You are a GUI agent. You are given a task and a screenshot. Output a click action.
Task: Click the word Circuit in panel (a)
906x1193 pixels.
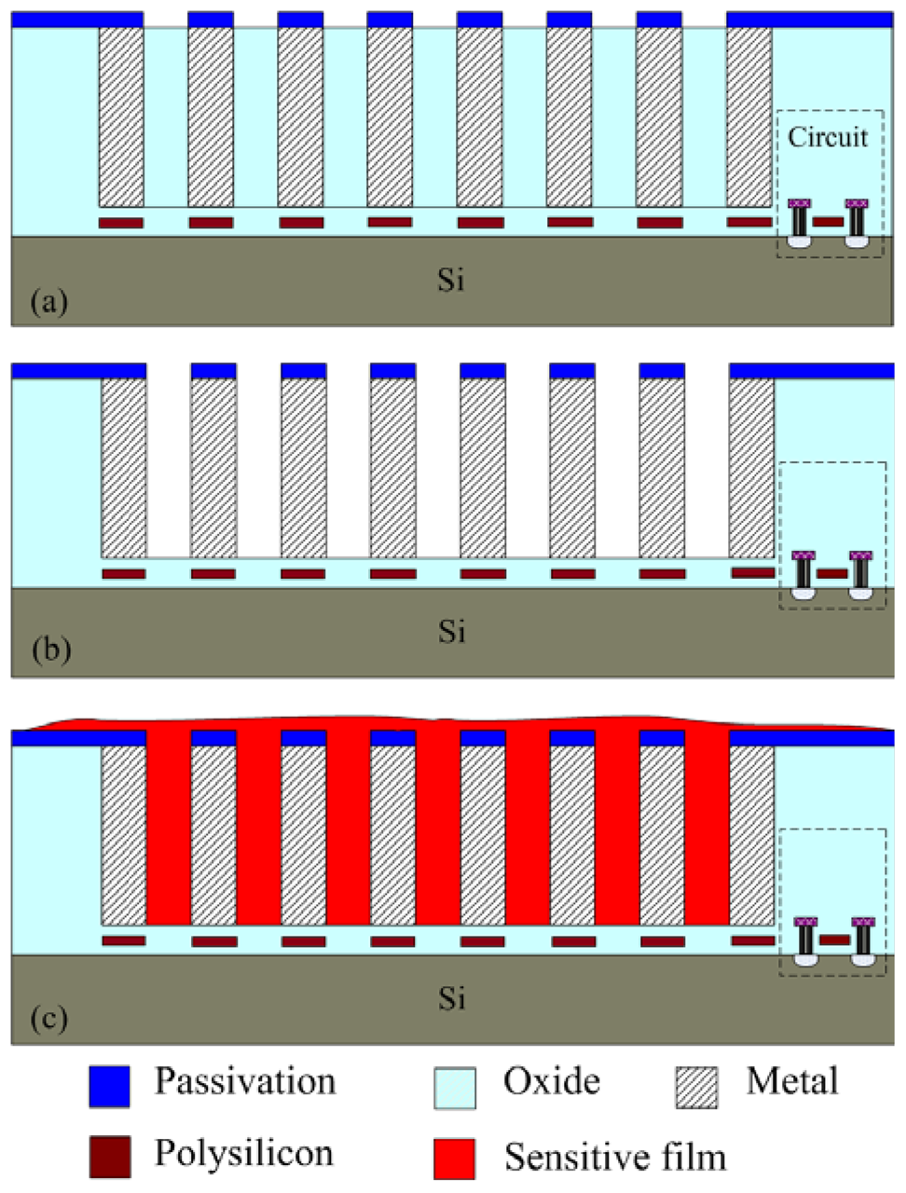pyautogui.click(x=828, y=137)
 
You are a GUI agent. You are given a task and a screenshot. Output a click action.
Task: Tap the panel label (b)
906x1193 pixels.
pyautogui.click(x=50, y=650)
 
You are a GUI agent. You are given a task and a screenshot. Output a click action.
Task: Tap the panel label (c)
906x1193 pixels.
pyautogui.click(x=49, y=1017)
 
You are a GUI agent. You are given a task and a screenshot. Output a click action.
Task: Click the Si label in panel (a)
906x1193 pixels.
pyautogui.click(x=452, y=280)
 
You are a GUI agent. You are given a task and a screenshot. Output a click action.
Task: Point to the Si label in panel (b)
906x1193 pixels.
pyautogui.click(x=452, y=631)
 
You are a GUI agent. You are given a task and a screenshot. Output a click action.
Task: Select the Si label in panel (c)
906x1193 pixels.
pyautogui.click(x=452, y=998)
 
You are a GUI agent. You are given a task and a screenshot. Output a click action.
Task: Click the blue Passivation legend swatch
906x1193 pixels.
pyautogui.click(x=109, y=1086)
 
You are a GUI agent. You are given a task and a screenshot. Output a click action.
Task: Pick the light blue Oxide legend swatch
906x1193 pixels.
pyautogui.click(x=455, y=1087)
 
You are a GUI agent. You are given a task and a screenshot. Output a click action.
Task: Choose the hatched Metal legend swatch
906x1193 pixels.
pyautogui.click(x=697, y=1087)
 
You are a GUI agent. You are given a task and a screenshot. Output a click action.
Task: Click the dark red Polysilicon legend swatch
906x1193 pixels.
pyautogui.click(x=109, y=1157)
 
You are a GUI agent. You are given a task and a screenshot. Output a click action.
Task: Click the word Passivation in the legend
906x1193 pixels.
pyautogui.click(x=245, y=1081)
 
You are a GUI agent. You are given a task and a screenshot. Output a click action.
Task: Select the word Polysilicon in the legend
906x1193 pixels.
pyautogui.click(x=244, y=1154)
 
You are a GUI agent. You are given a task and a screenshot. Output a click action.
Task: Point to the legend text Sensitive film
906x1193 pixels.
pyautogui.click(x=615, y=1157)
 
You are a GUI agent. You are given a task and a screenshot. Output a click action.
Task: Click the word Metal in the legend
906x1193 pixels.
pyautogui.click(x=792, y=1081)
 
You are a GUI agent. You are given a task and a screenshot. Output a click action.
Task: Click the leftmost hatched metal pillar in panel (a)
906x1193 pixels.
pyautogui.click(x=121, y=117)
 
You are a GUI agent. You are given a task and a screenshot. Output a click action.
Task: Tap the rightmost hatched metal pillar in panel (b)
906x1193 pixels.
pyautogui.click(x=751, y=466)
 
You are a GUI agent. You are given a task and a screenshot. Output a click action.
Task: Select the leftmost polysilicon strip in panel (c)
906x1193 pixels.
pyautogui.click(x=124, y=941)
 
